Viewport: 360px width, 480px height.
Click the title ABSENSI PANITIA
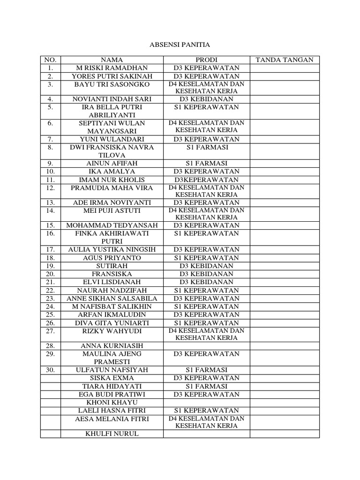tap(180, 45)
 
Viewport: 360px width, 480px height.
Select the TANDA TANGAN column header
tap(285, 60)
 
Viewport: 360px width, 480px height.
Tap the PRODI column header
tap(206, 60)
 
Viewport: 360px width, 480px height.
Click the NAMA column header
tap(112, 60)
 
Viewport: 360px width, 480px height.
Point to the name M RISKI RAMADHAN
tap(112, 68)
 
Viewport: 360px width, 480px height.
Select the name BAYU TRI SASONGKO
tap(112, 84)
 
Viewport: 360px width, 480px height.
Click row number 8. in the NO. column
tap(51, 148)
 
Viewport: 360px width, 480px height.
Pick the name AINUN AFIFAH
tap(112, 164)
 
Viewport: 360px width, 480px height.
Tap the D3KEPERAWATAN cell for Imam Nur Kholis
tap(206, 180)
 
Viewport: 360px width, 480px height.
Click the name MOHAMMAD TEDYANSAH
tap(112, 225)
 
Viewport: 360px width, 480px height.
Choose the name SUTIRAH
tap(112, 266)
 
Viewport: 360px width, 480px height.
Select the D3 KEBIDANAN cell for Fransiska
tap(206, 274)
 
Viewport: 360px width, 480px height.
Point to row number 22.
tap(51, 290)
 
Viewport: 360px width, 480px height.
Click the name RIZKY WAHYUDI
tap(112, 331)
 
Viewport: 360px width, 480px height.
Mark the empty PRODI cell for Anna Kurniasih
tap(206, 346)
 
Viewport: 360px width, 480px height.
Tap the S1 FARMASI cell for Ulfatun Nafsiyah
tap(206, 370)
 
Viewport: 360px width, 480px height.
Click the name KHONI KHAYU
tap(112, 402)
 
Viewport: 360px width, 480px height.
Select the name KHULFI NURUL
tap(112, 434)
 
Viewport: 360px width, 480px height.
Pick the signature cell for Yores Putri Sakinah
tap(285, 76)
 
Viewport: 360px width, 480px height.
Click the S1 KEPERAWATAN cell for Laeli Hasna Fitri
tap(206, 410)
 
